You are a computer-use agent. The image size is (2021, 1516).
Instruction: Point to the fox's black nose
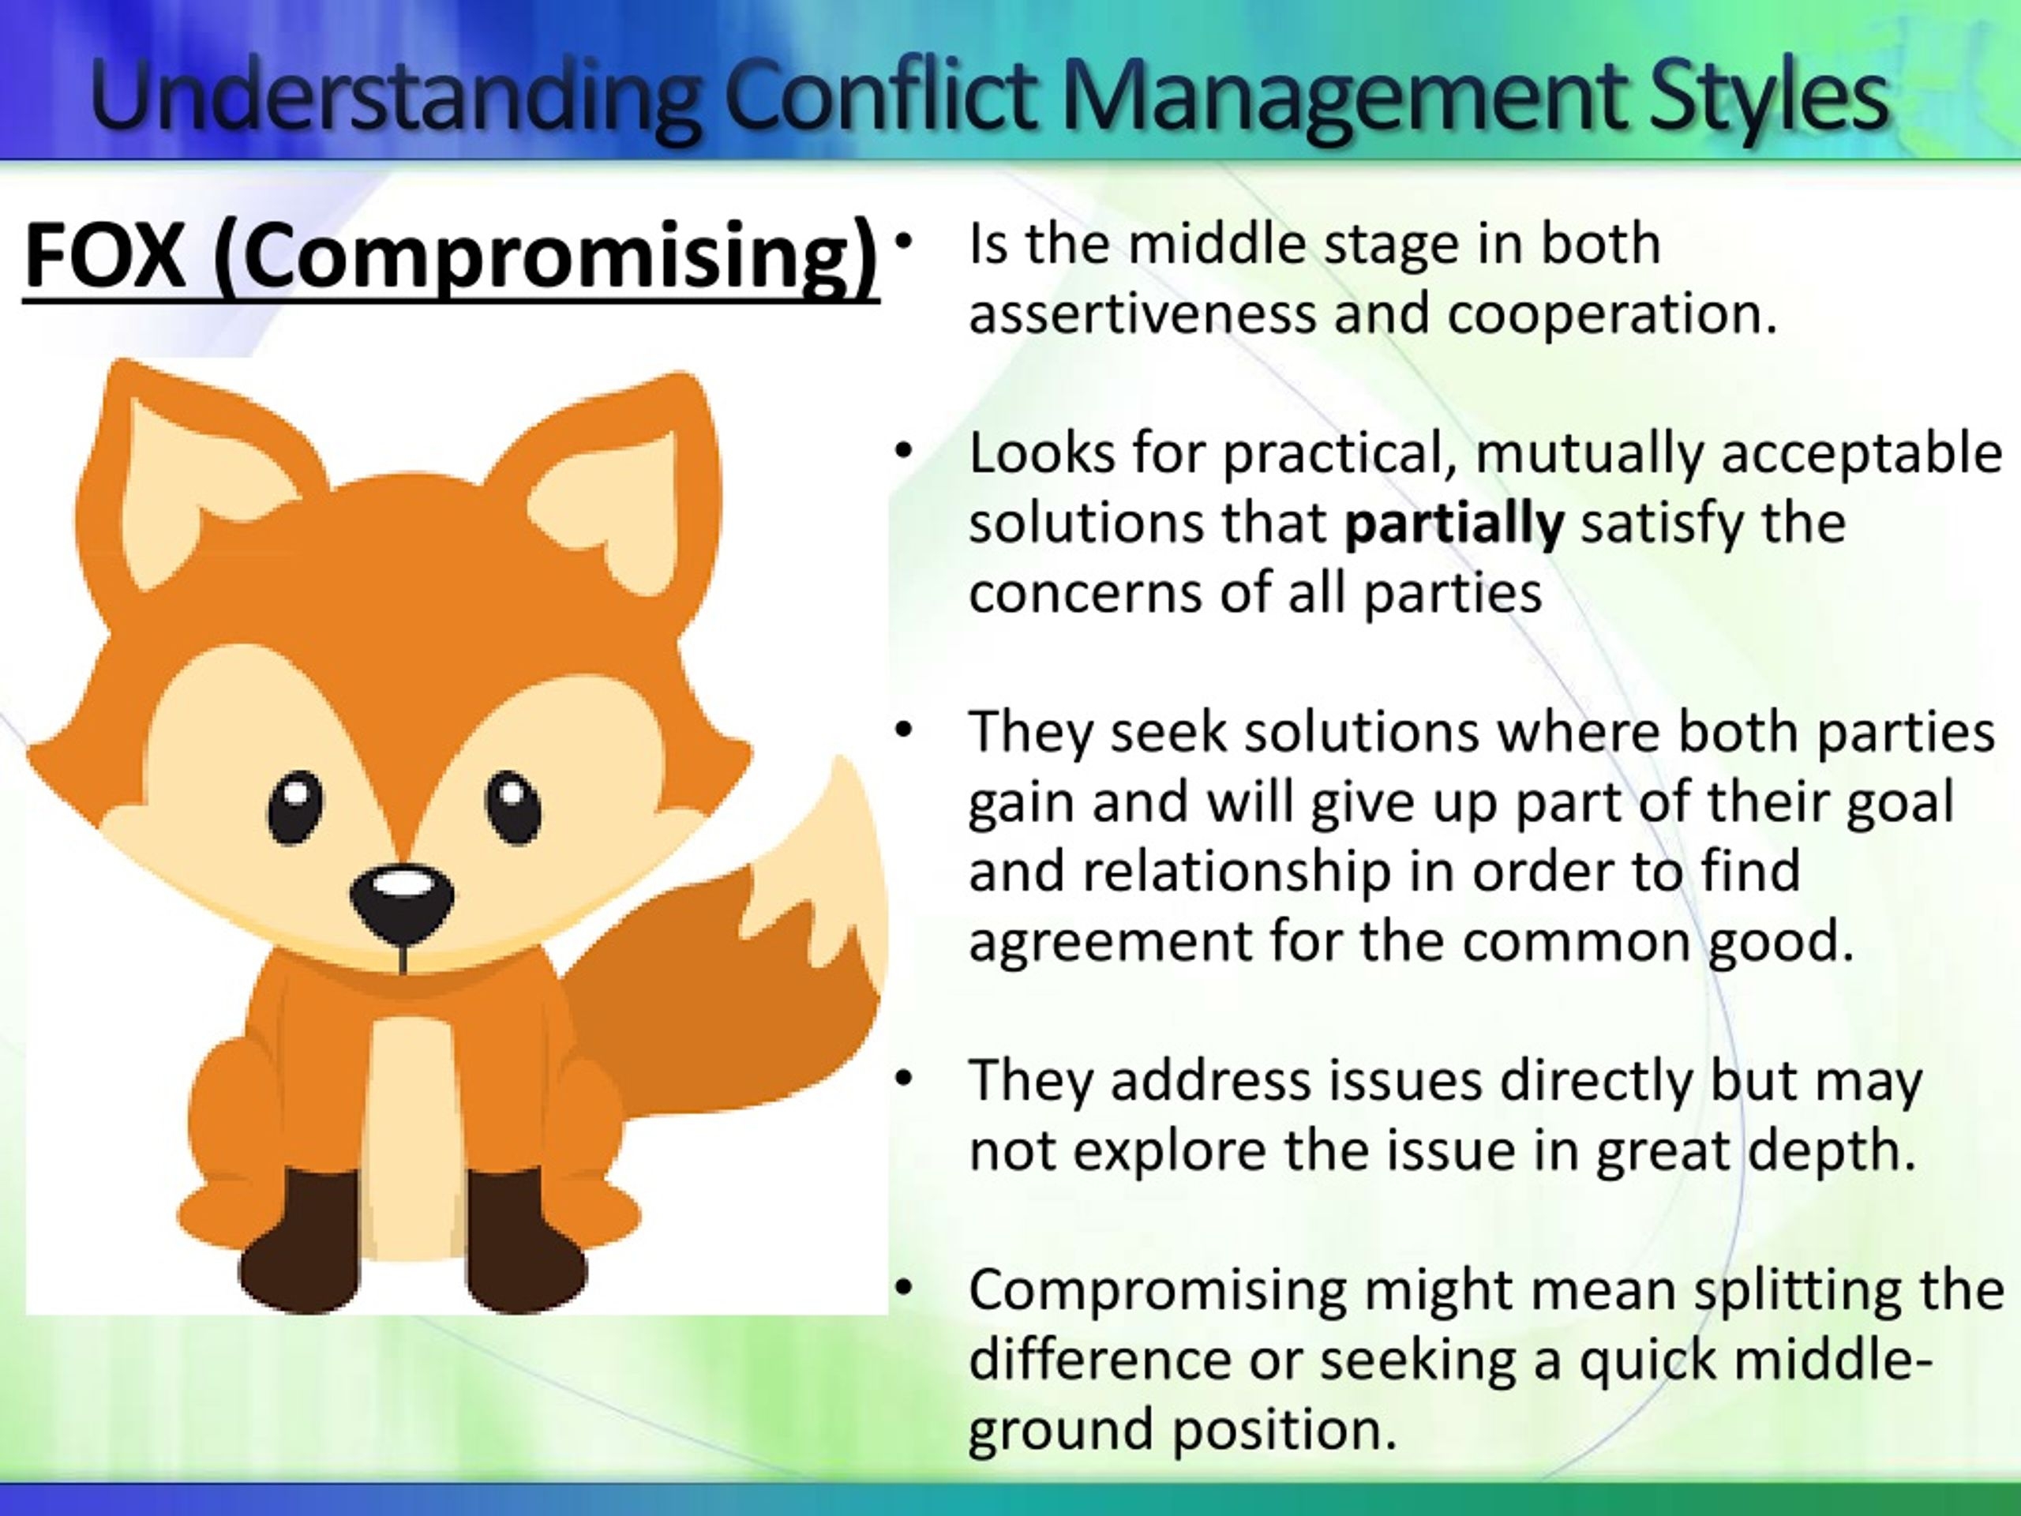point(403,902)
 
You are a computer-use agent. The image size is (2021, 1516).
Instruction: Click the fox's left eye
point(296,808)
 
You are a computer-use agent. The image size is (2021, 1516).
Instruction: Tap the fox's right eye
point(512,808)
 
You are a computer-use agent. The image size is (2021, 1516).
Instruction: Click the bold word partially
point(1454,524)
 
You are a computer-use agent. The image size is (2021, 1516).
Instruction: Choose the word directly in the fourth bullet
point(1595,1082)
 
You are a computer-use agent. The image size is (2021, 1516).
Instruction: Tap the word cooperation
point(1613,316)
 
